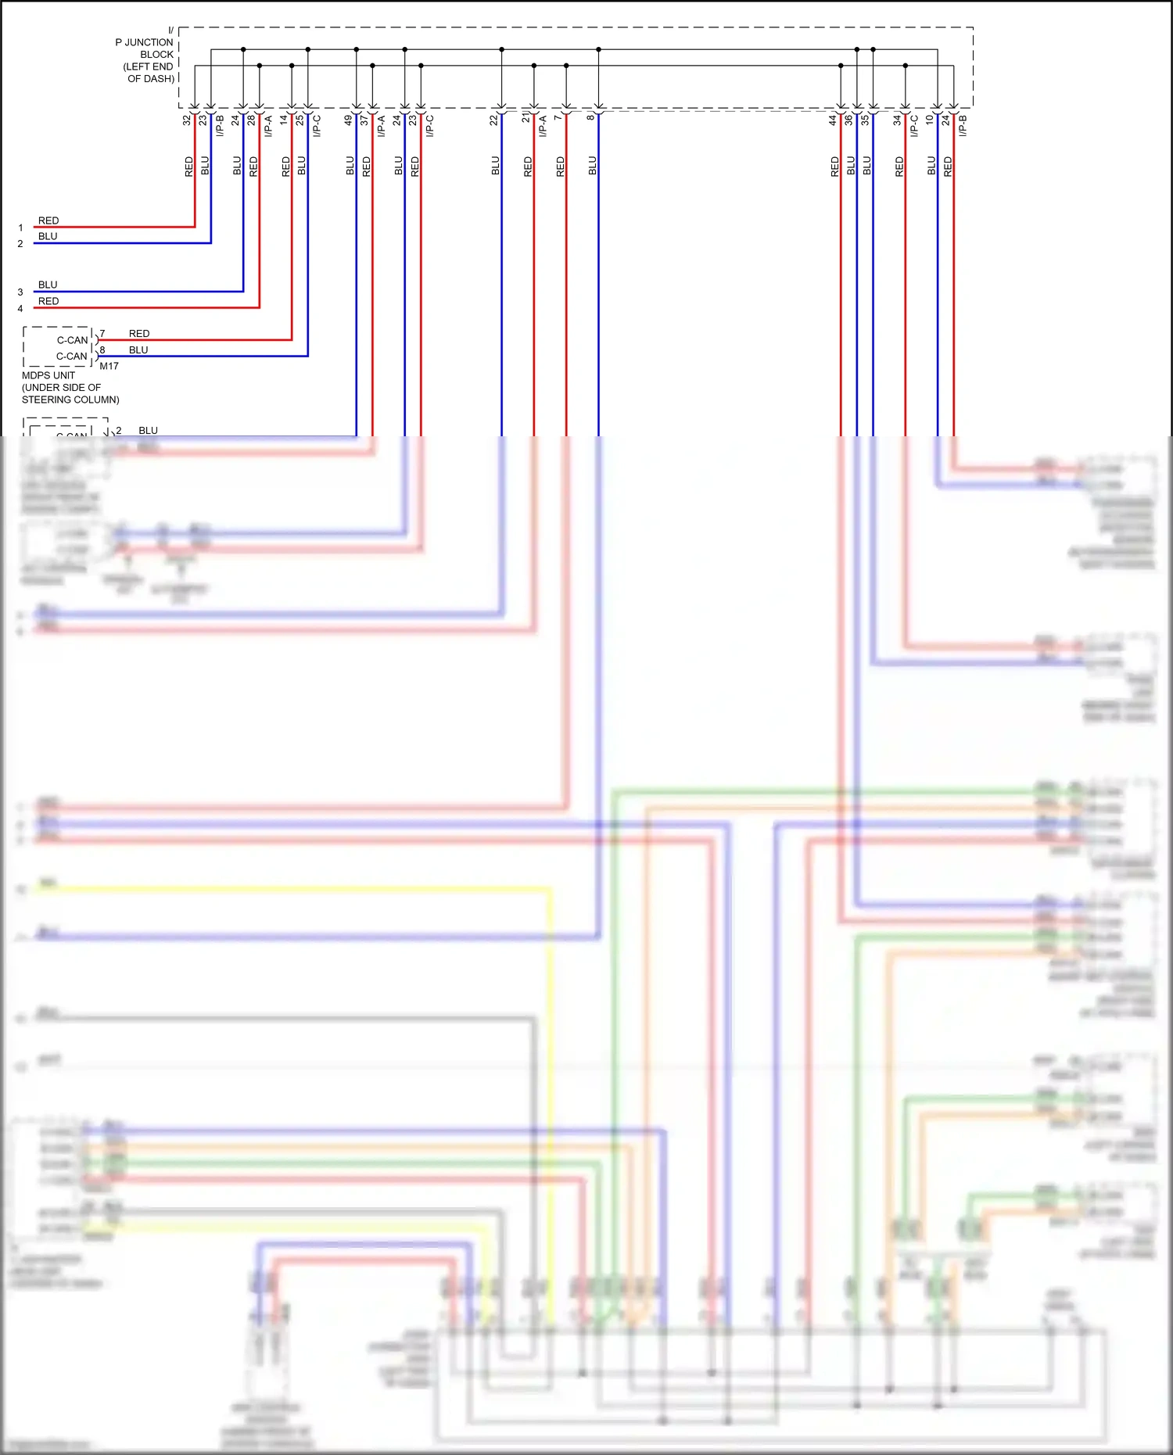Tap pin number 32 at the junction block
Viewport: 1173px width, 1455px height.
[x=187, y=120]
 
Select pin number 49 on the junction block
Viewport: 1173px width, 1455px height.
[x=349, y=120]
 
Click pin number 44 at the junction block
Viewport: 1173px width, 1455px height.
[x=833, y=120]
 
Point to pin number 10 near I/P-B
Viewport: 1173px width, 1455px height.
[x=930, y=120]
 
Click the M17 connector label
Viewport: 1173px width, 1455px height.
[x=109, y=366]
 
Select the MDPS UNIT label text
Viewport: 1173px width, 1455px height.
[x=48, y=375]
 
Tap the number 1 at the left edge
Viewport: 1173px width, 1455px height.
[x=20, y=228]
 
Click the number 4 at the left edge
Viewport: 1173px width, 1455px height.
[x=20, y=309]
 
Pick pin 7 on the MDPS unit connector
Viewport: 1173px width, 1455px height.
[x=102, y=333]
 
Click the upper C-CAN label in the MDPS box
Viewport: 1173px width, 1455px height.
[x=72, y=340]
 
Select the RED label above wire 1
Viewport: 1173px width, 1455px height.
[x=48, y=220]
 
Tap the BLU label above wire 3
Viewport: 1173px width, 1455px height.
[x=48, y=285]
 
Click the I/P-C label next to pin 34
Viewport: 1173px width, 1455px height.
[x=914, y=126]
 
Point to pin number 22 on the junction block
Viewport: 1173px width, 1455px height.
[x=493, y=120]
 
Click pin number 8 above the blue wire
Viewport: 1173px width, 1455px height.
[x=590, y=118]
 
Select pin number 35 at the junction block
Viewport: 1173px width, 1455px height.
[x=865, y=120]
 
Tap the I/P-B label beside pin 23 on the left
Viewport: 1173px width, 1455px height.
[x=220, y=126]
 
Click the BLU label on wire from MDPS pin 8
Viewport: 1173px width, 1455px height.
[x=138, y=349]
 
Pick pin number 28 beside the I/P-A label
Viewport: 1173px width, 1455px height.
[x=251, y=120]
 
